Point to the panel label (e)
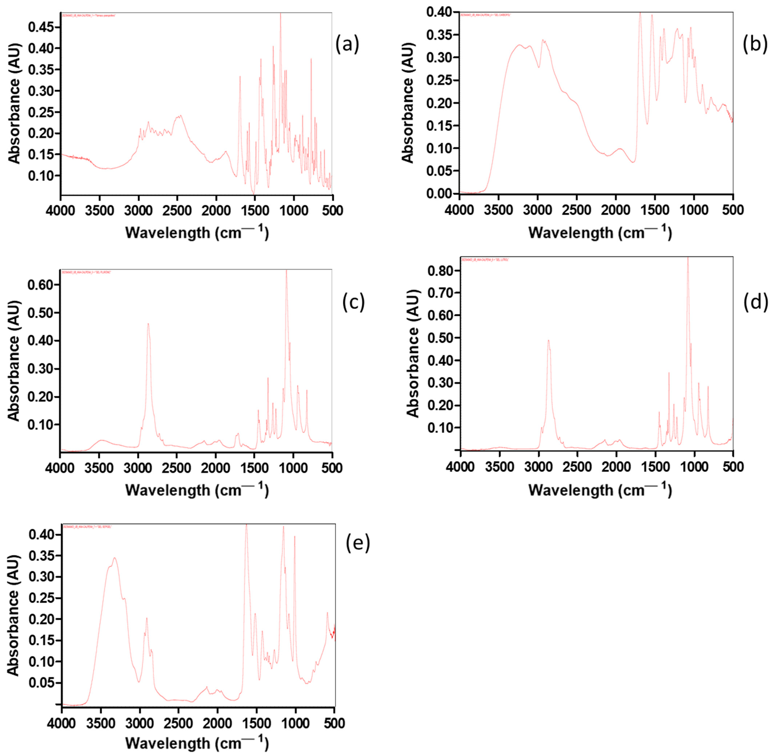tap(358, 543)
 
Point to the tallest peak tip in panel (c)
tap(286, 270)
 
